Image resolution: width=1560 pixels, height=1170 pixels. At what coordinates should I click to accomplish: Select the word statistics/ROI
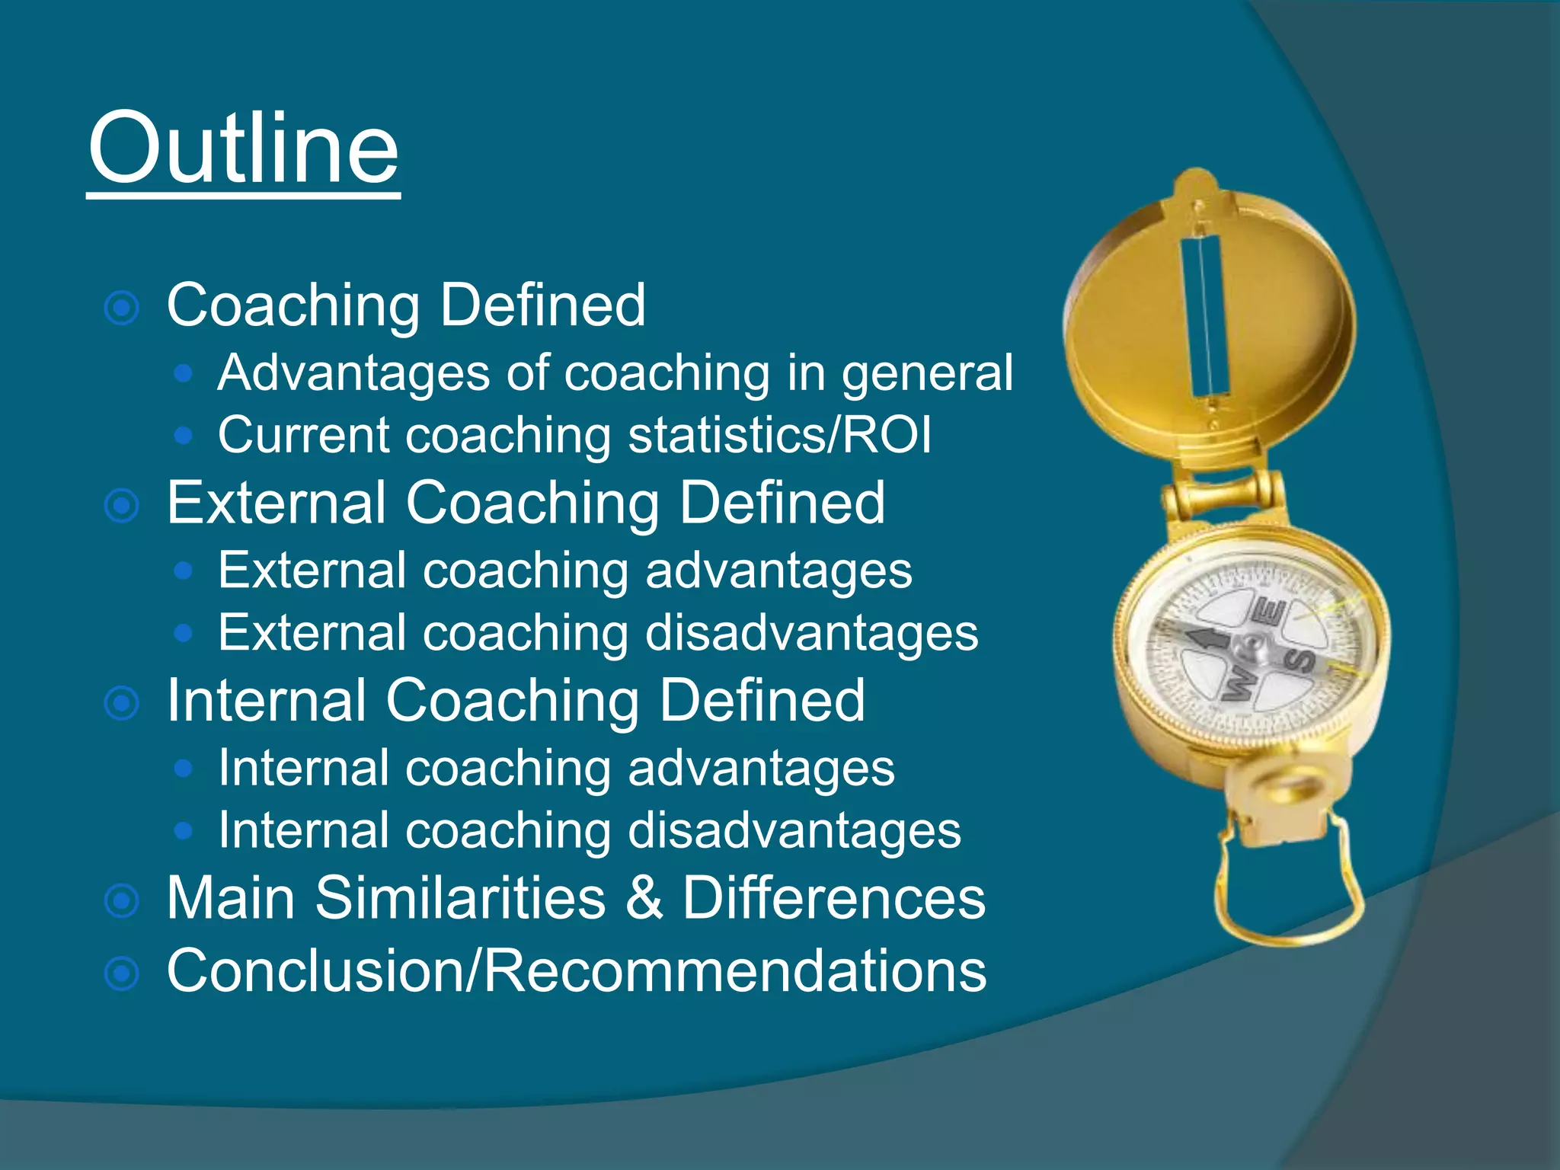pyautogui.click(x=780, y=435)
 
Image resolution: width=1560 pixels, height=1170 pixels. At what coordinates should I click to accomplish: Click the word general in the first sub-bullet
pyautogui.click(x=927, y=375)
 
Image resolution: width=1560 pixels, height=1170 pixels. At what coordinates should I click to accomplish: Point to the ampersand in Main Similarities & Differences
pyautogui.click(x=644, y=898)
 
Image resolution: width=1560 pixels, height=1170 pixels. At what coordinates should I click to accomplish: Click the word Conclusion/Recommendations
pyautogui.click(x=577, y=971)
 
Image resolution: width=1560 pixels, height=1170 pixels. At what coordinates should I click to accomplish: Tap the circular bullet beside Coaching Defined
pyautogui.click(x=122, y=308)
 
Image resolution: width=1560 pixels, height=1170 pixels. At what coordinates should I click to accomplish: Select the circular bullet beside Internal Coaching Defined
pyautogui.click(x=122, y=703)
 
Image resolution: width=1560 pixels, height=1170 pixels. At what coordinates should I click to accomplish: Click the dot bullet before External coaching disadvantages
pyautogui.click(x=183, y=632)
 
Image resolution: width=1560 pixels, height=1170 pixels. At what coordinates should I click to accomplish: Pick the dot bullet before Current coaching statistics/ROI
pyautogui.click(x=183, y=435)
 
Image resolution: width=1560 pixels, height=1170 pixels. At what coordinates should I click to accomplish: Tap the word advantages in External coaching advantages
pyautogui.click(x=778, y=571)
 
